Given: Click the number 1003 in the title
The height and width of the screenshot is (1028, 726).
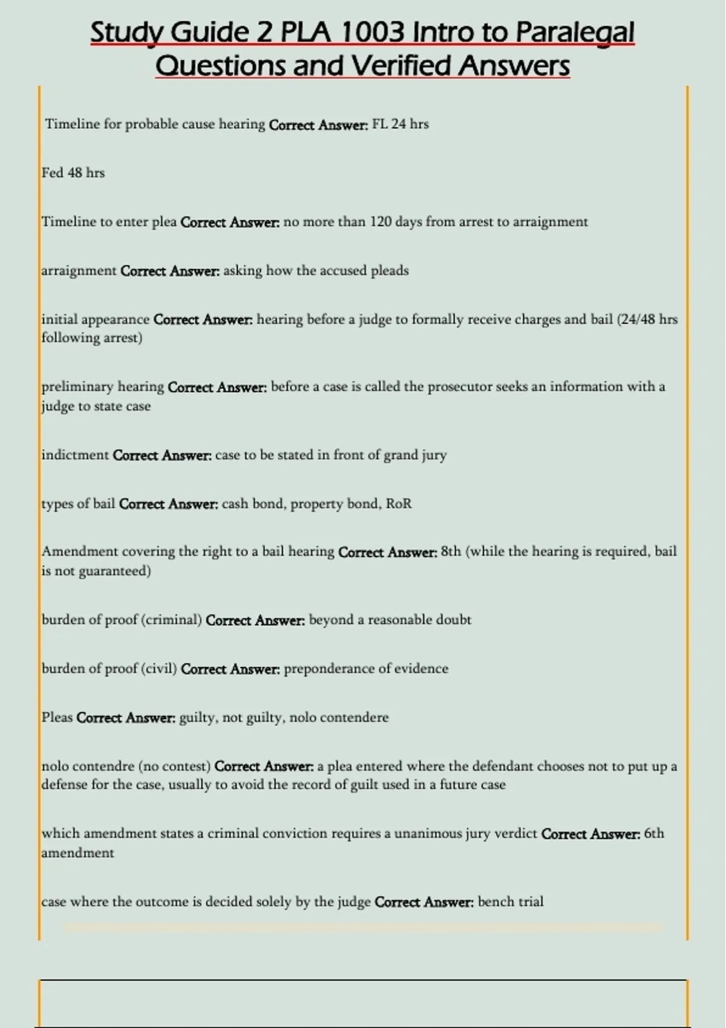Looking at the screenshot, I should pyautogui.click(x=373, y=33).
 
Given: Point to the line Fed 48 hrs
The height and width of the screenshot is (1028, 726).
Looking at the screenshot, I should pyautogui.click(x=73, y=173).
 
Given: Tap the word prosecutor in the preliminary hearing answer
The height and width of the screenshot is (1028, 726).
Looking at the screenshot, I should pyautogui.click(x=460, y=386).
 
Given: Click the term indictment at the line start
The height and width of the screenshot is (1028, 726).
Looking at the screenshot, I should pyautogui.click(x=75, y=455).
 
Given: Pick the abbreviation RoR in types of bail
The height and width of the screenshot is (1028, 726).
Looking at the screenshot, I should pyautogui.click(x=399, y=504).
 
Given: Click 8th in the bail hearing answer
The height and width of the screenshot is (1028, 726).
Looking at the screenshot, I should pyautogui.click(x=451, y=551).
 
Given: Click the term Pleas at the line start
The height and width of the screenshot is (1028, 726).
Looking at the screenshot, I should pyautogui.click(x=57, y=718).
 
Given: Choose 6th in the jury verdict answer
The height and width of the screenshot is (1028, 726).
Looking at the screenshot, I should pyautogui.click(x=654, y=834).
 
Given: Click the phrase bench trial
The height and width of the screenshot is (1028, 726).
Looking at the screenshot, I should pyautogui.click(x=511, y=902).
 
